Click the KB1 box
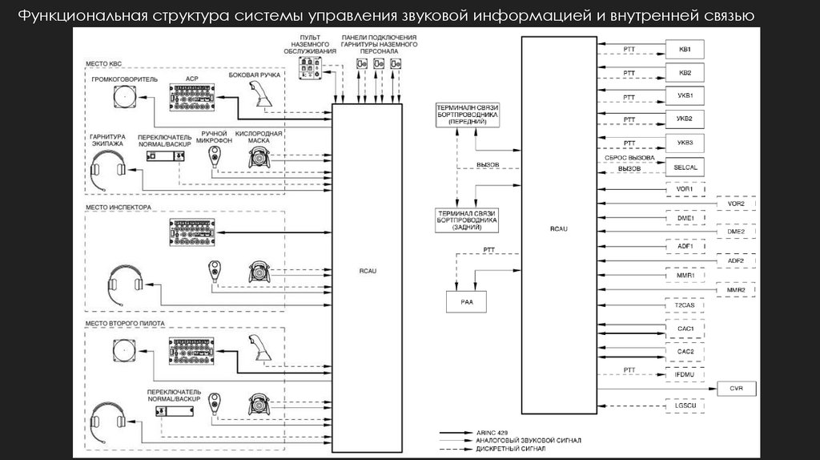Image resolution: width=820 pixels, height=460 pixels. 685,50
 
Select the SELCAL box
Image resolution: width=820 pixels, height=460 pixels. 685,167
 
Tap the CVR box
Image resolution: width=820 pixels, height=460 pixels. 736,389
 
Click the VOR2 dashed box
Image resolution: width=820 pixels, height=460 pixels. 735,204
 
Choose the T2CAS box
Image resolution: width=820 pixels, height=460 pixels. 685,306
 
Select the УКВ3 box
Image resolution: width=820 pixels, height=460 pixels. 685,143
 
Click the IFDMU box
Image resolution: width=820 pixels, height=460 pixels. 685,374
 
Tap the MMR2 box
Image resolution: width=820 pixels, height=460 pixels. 735,290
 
